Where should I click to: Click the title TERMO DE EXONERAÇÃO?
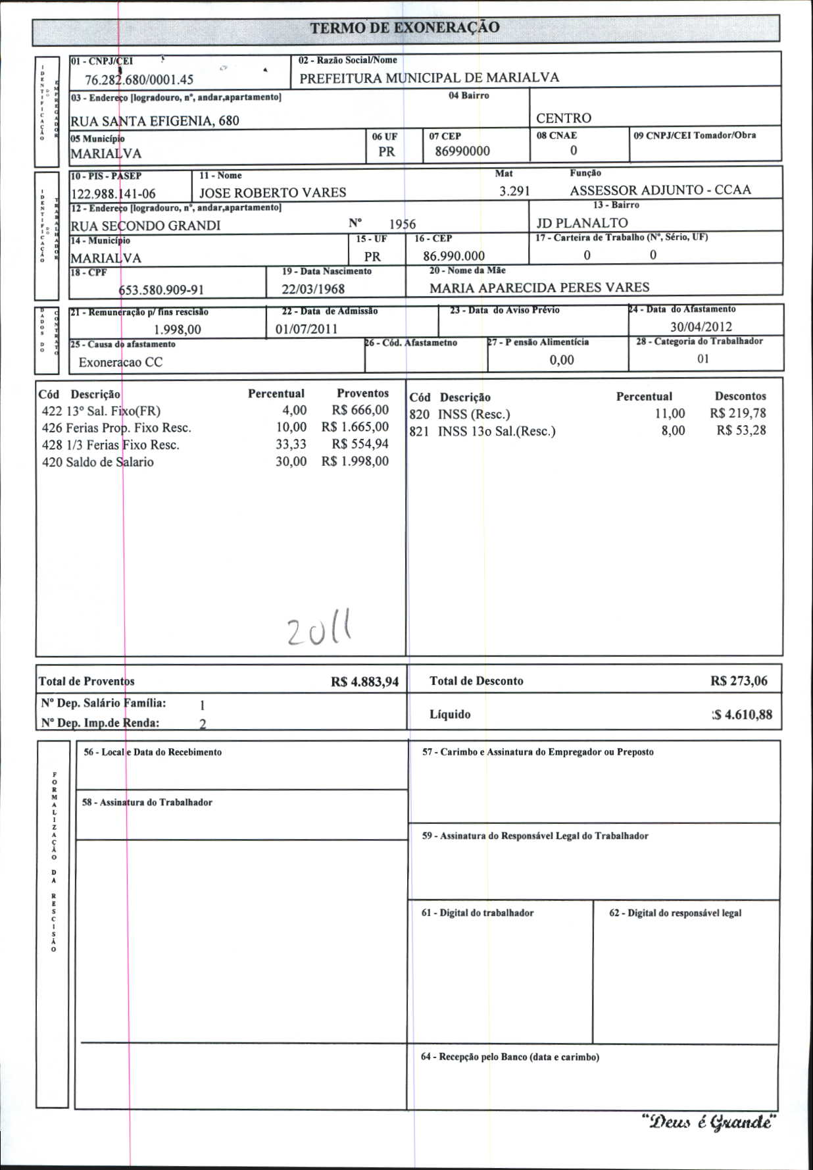[x=405, y=28]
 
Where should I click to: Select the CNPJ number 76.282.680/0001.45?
[x=139, y=80]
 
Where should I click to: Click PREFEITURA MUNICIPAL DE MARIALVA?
[x=429, y=78]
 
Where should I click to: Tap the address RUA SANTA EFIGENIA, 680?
[x=155, y=120]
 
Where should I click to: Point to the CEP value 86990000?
[x=462, y=151]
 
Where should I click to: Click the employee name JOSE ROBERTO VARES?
[x=272, y=192]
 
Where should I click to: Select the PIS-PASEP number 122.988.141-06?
[x=113, y=193]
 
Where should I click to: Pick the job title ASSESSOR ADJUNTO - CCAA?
[x=660, y=190]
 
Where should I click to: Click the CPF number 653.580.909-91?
[x=161, y=290]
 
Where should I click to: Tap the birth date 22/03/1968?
[x=313, y=289]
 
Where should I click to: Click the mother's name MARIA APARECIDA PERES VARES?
[x=539, y=288]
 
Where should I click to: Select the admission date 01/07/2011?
[x=307, y=329]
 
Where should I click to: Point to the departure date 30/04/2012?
[x=701, y=326]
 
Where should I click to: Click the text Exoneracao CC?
[x=120, y=362]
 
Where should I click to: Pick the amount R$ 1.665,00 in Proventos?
[x=355, y=427]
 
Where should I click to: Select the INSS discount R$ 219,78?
[x=737, y=413]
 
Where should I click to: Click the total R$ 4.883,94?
[x=364, y=682]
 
